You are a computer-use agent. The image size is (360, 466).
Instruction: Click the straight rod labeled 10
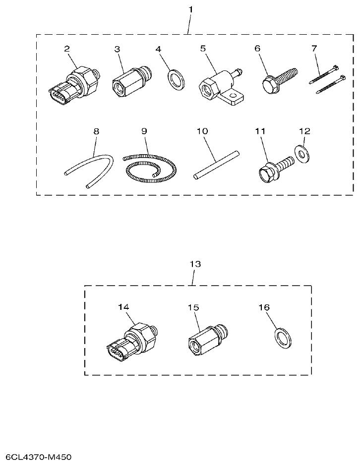[216, 164]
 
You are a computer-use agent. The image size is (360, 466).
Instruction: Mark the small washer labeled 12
[301, 154]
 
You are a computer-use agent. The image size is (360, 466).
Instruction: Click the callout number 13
[195, 264]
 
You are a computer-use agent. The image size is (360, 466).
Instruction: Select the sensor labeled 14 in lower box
[131, 343]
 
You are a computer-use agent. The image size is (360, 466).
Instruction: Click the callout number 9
[144, 131]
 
